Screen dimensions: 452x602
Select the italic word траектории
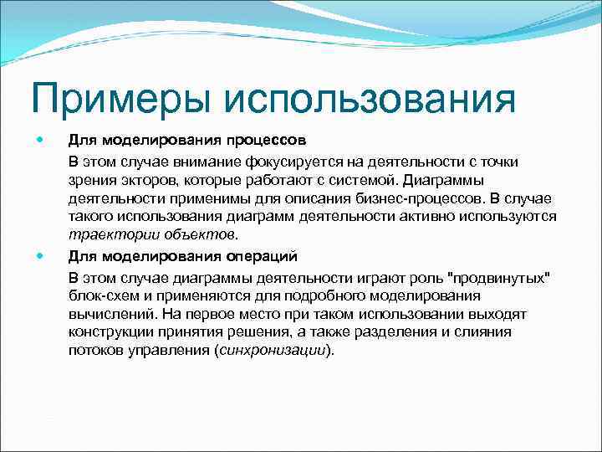coord(105,235)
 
